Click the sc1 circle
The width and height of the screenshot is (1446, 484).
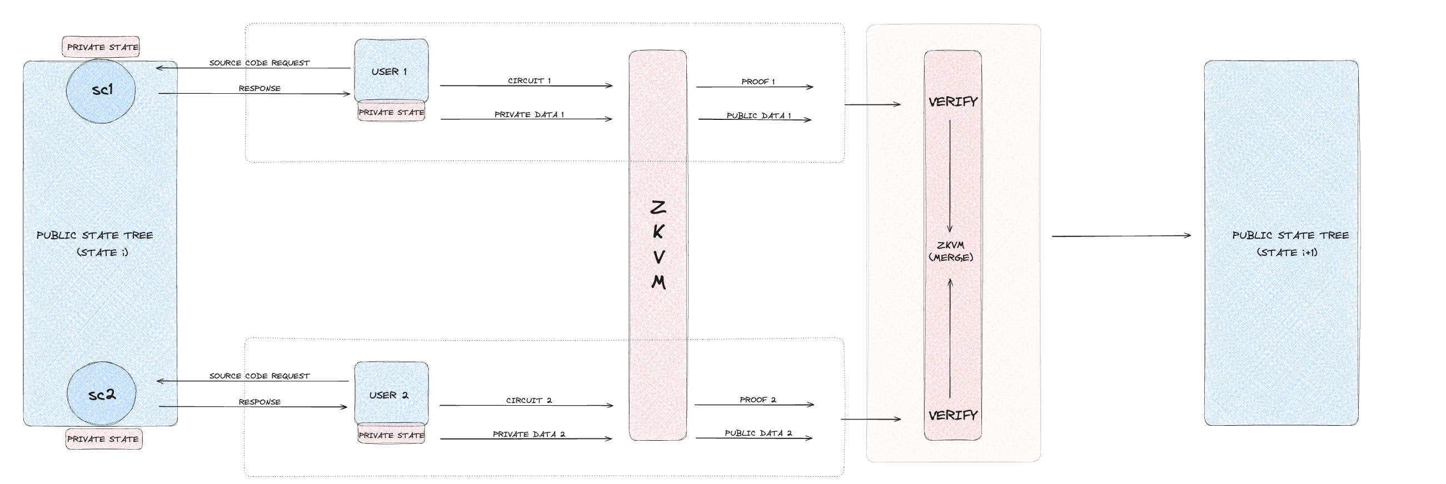point(101,90)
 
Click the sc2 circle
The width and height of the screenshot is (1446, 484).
point(101,394)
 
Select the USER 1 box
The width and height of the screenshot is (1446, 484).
point(391,70)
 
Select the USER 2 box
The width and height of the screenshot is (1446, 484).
point(391,394)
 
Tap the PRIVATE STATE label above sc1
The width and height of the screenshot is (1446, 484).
point(102,47)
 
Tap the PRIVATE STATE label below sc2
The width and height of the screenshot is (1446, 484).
point(103,438)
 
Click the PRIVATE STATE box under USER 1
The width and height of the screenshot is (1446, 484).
point(391,112)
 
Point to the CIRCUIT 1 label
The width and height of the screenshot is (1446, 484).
point(529,81)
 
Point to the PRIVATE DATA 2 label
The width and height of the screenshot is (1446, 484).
point(529,433)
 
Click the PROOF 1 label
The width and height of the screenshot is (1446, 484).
point(758,82)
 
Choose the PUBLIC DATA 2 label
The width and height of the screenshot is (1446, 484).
point(758,432)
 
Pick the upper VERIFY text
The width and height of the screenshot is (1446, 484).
point(953,102)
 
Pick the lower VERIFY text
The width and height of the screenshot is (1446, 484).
point(953,415)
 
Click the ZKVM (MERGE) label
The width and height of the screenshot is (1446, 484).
point(951,251)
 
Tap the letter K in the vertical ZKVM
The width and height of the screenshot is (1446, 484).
point(659,231)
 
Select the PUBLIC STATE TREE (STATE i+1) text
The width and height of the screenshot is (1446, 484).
point(1290,244)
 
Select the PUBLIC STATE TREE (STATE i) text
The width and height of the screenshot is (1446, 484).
point(95,244)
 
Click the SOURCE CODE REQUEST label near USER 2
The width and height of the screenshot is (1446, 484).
point(260,376)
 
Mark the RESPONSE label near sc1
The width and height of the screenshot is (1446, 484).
point(260,88)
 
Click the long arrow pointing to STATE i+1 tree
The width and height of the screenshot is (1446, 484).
point(1120,236)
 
